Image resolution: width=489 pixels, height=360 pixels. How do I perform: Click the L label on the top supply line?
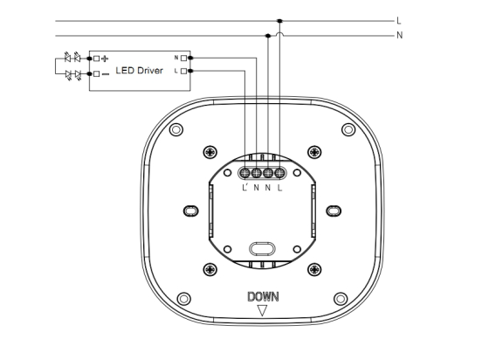pos(399,21)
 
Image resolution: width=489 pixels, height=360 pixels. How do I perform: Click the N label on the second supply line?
pos(400,35)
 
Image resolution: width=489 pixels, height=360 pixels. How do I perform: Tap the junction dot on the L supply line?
pos(279,21)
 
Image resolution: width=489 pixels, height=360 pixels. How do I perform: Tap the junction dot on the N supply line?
pos(268,36)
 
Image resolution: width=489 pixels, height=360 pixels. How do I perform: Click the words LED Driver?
pos(140,71)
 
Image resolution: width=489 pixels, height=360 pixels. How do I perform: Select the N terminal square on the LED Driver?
pos(183,58)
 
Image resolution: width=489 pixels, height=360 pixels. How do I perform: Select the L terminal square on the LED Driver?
pos(183,71)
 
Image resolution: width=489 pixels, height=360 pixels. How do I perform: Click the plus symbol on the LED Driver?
pos(105,59)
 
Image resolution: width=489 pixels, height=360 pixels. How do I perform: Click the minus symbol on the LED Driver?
pos(106,74)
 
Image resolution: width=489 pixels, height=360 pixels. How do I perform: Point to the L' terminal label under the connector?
pos(244,188)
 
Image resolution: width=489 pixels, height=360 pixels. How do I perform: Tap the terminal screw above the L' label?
pos(245,172)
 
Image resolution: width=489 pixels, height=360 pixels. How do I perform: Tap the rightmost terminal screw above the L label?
pos(279,172)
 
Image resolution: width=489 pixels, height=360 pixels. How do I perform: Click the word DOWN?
pos(263,297)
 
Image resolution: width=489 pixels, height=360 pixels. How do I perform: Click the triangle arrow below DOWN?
pos(262,309)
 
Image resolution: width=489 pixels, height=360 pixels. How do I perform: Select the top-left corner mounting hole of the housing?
pos(176,129)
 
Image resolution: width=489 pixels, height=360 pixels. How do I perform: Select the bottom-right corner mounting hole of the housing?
pos(341,299)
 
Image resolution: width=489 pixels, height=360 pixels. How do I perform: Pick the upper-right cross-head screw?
pos(314,152)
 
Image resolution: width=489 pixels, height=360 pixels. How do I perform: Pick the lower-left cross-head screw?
pos(210,269)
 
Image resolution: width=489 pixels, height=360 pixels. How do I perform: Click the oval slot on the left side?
pos(191,211)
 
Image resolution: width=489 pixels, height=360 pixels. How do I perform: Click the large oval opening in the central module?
pos(262,249)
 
